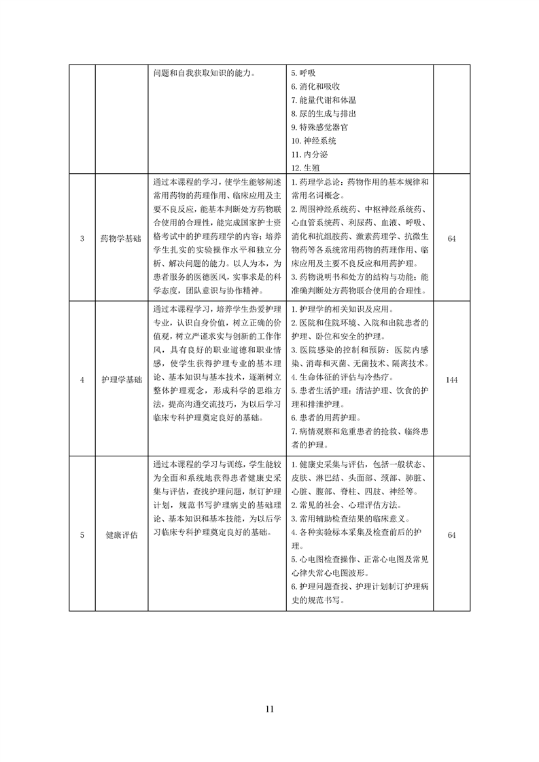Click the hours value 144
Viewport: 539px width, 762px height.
[452, 380]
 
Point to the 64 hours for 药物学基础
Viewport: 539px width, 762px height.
[452, 238]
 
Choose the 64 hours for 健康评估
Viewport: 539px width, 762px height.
[452, 534]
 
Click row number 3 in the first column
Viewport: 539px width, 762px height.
[82, 238]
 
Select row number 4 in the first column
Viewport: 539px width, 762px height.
[82, 380]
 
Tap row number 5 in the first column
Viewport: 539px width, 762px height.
[82, 534]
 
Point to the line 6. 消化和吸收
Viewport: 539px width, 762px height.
[315, 86]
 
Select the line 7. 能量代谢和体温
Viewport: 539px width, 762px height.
[324, 100]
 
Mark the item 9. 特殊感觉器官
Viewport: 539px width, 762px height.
[319, 127]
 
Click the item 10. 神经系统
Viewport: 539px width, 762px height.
[313, 141]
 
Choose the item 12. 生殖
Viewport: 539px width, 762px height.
[305, 168]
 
